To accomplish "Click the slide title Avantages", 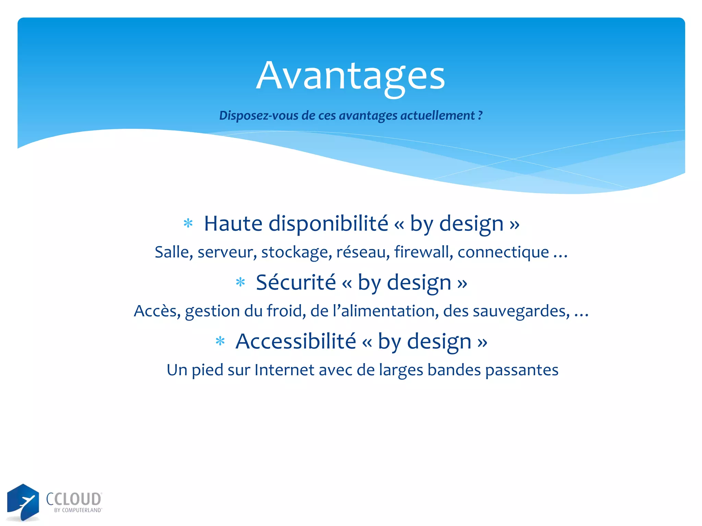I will (350, 76).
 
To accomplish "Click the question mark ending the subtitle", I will (480, 115).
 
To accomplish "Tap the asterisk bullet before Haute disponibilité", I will (188, 224).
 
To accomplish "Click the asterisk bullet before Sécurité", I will (240, 283).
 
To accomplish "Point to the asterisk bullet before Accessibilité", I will (220, 341).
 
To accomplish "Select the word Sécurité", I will (296, 283).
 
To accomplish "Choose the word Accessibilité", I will (296, 341).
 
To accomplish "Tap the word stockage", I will (296, 253).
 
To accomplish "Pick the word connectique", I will (503, 253).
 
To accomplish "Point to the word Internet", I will (284, 370).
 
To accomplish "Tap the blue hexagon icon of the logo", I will (23, 502).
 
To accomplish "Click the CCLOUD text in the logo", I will (74, 499).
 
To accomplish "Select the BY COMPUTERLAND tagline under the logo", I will (78, 510).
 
